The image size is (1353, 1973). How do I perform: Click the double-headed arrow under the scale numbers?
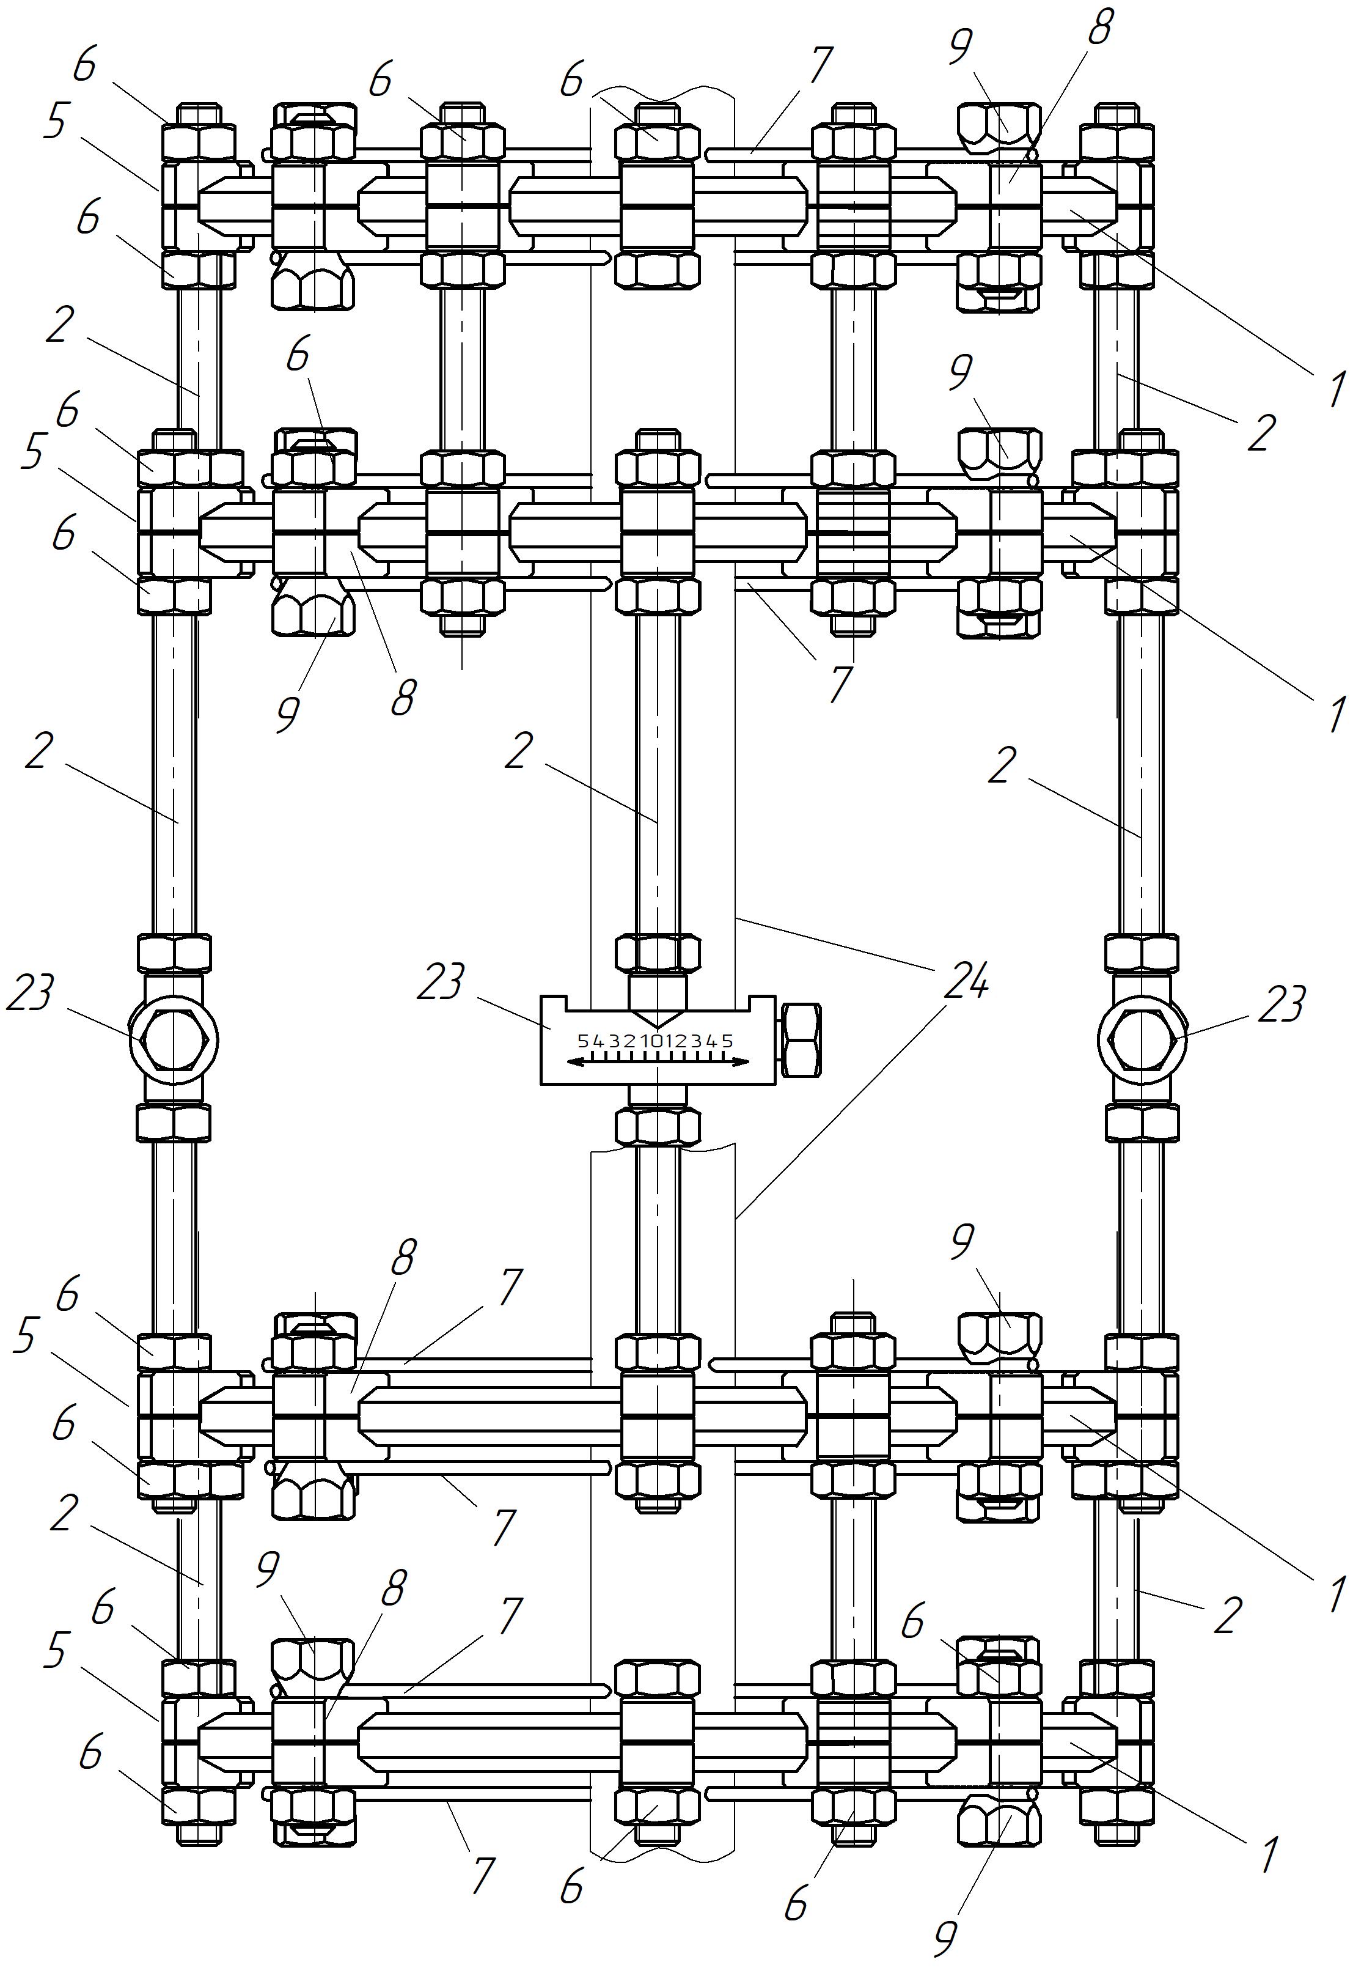click(658, 1062)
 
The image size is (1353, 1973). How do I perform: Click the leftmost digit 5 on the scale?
click(581, 1041)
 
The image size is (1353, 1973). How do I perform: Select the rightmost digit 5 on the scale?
click(729, 1041)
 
